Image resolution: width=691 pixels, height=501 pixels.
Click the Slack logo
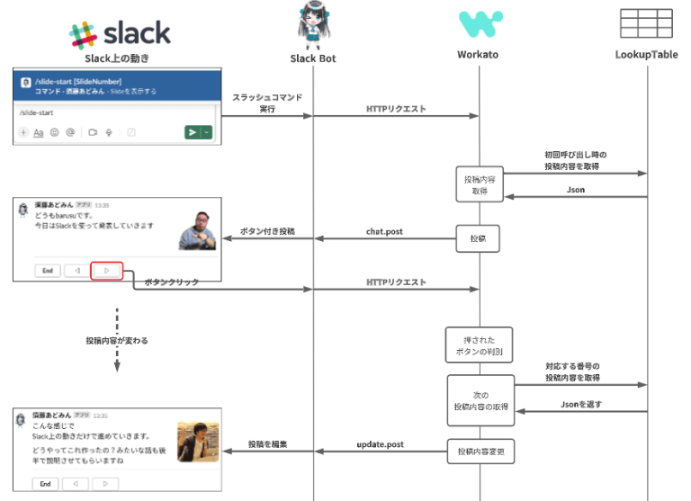coord(120,33)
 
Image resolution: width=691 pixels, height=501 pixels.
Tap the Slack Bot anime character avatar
coord(313,28)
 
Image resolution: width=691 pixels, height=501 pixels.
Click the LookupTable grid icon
coord(647,24)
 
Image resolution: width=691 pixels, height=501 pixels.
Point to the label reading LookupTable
coord(647,56)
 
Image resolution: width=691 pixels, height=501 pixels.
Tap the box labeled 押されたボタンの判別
coord(479,344)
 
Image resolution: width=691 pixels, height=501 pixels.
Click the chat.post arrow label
coord(384,231)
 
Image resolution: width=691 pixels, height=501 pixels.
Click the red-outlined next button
coord(106,270)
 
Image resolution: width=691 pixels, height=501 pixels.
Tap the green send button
coord(193,132)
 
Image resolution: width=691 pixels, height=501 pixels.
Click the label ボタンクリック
coord(171,282)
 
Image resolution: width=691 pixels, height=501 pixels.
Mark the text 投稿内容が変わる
coord(117,341)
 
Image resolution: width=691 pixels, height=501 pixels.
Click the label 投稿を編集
coord(267,444)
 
